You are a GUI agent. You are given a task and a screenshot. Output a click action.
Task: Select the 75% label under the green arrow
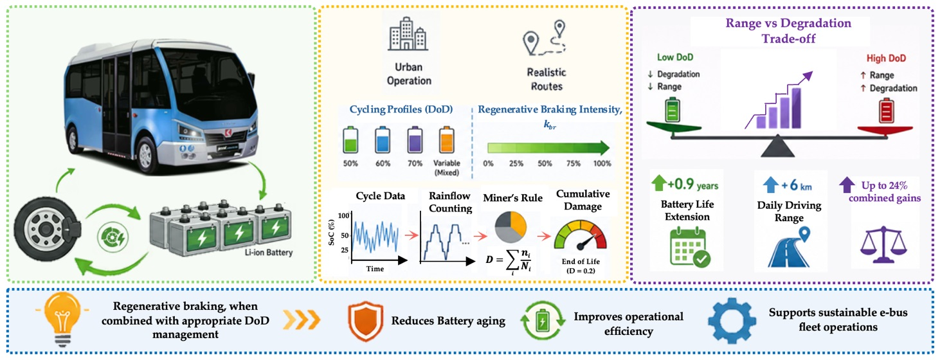[x=574, y=164]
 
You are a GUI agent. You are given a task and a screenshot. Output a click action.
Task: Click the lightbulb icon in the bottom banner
[x=62, y=319]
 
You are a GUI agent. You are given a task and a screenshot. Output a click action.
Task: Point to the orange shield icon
[x=365, y=321]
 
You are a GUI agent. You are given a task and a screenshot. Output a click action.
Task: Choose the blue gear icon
[x=732, y=321]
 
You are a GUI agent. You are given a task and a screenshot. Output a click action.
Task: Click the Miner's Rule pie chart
[x=511, y=227]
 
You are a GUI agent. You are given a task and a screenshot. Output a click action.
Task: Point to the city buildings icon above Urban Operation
[x=408, y=33]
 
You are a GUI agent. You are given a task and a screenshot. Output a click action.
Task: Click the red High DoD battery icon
[x=886, y=111]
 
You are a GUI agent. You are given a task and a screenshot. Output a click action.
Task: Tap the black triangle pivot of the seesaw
[x=777, y=146]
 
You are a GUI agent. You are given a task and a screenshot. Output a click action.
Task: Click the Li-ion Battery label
[x=269, y=253]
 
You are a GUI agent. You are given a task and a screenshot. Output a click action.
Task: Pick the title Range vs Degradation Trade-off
[x=788, y=31]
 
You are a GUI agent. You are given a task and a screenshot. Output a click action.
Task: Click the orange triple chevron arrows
[x=302, y=321]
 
